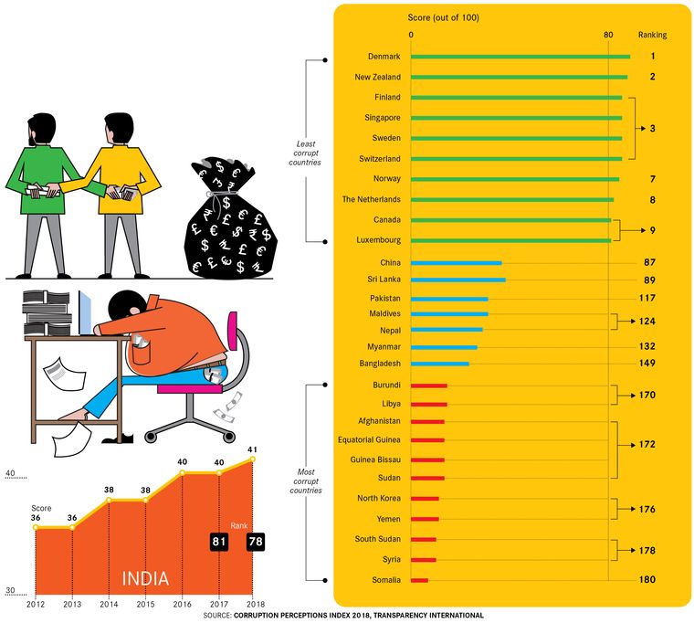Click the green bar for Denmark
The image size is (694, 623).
520,57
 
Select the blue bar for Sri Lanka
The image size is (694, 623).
458,280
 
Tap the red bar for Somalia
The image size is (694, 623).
420,579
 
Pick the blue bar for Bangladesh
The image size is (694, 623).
440,364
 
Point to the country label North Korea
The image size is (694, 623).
377,498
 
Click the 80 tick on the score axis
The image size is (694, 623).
608,35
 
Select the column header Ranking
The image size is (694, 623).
653,35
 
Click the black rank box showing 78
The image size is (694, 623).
255,543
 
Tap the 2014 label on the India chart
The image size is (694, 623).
109,604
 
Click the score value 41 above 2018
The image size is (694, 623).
253,449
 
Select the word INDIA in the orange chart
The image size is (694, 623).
146,578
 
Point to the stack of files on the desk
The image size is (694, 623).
47,311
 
